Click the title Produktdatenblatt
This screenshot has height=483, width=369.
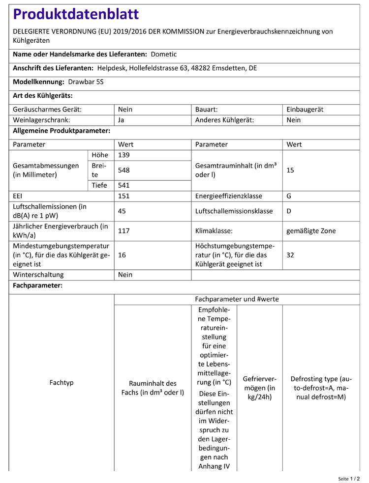[x=76, y=14]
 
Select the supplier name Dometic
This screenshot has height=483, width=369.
[x=164, y=54]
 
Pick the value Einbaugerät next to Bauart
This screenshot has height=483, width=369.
[x=305, y=110]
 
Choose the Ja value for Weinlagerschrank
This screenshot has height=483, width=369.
[x=122, y=119]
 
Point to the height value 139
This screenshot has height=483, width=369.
[x=124, y=155]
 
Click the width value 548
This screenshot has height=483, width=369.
[x=124, y=170]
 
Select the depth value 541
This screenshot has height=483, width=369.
[x=124, y=185]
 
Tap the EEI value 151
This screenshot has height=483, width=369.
[x=124, y=196]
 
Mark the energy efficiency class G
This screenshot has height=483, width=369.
[x=289, y=196]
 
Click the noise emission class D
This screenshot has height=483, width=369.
[x=289, y=211]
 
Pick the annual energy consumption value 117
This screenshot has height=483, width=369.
[x=124, y=230]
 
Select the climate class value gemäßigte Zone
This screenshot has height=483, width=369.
[x=311, y=230]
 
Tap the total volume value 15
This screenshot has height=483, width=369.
[x=290, y=170]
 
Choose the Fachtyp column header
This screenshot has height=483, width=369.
[x=61, y=382]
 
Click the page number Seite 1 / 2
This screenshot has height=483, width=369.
[x=349, y=478]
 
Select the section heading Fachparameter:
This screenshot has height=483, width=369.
[x=37, y=285]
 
